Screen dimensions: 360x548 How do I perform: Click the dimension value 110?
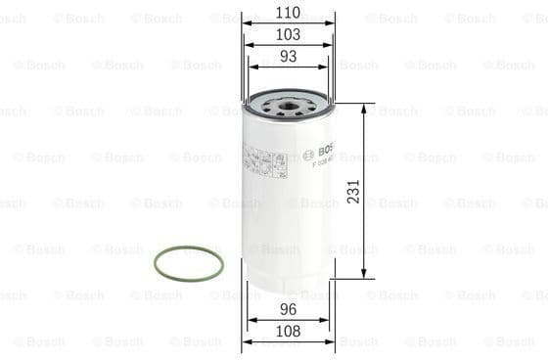pos(287,14)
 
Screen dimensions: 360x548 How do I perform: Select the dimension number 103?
pos(287,34)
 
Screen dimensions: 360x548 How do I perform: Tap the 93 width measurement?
pos(287,56)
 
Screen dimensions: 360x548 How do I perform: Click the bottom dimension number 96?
pos(287,309)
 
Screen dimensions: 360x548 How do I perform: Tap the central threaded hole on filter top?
pos(287,102)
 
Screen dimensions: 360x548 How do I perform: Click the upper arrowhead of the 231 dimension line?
pos(364,107)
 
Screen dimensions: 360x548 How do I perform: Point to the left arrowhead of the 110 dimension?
pos(245,24)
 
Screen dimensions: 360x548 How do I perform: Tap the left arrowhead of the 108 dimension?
pos(246,341)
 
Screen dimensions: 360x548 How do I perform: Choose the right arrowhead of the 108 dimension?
pos(330,341)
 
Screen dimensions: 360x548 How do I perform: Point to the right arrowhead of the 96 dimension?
pos(326,320)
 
